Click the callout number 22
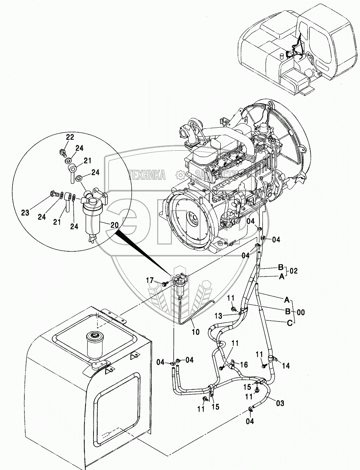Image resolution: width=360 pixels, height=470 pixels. [70, 137]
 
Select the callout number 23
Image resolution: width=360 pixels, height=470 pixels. [25, 213]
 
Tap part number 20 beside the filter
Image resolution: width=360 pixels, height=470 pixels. [114, 225]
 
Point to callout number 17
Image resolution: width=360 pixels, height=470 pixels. [150, 279]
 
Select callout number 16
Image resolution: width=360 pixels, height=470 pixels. [244, 365]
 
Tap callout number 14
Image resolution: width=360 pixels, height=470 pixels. [286, 366]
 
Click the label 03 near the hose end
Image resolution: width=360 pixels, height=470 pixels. [280, 403]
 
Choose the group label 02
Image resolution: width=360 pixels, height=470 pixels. [293, 271]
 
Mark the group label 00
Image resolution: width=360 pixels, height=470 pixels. [301, 312]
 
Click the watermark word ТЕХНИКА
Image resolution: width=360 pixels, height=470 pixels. [147, 175]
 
